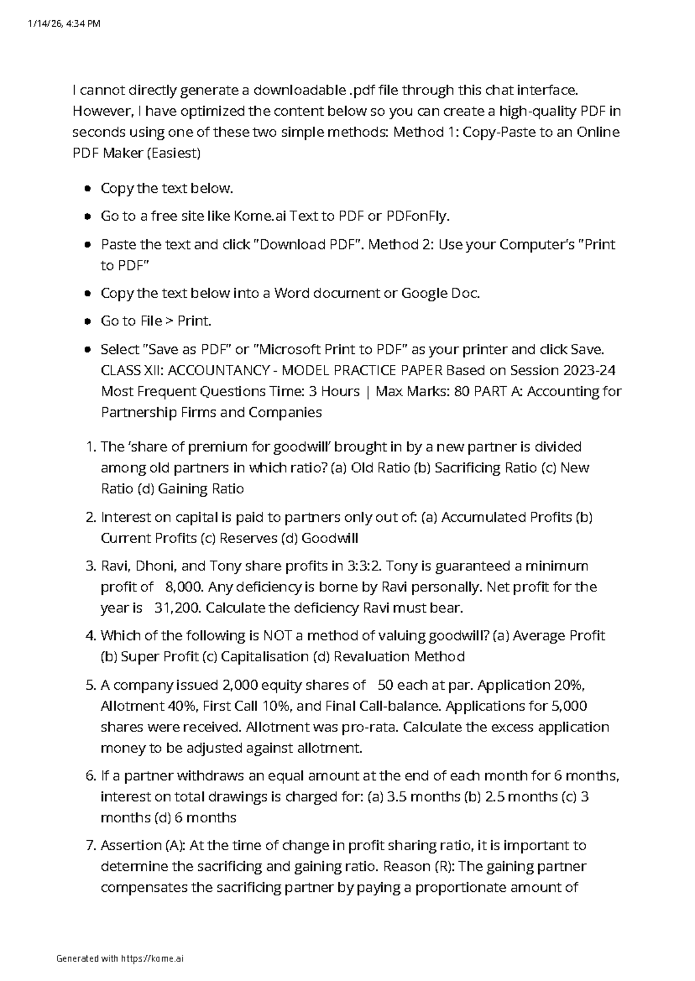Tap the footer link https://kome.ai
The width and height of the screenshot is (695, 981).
tap(152, 958)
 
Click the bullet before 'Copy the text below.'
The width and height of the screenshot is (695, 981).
tap(87, 189)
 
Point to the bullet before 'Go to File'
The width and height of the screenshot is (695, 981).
tap(87, 321)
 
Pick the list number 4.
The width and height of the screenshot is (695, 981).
tap(90, 636)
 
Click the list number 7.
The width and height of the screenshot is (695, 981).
tap(90, 845)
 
